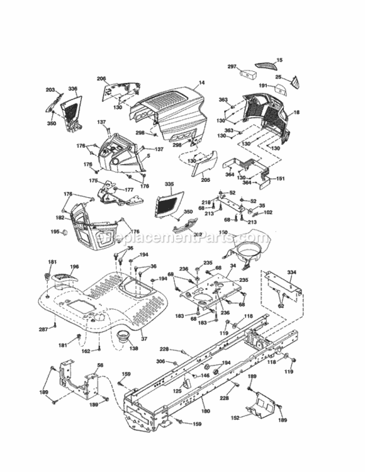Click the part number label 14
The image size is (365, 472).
pos(202,82)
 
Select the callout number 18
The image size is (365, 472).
pos(296,112)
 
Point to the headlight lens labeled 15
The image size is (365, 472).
pos(264,65)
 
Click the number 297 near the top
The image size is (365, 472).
pos(232,66)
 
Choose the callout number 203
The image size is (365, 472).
pos(50,91)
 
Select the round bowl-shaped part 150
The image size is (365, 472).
pos(247,252)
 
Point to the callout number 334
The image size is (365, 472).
pos(291,272)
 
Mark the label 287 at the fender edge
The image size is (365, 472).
pos(43,330)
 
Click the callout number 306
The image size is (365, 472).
pos(160,361)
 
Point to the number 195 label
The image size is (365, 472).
pos(55,232)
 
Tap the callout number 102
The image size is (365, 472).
pos(267,212)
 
